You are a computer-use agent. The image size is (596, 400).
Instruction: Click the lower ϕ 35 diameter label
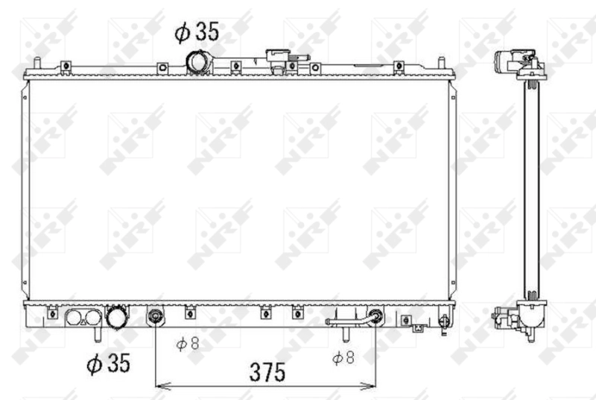pyautogui.click(x=108, y=363)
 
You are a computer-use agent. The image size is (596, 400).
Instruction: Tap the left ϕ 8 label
pyautogui.click(x=188, y=344)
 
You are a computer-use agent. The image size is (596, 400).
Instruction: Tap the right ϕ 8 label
pyautogui.click(x=343, y=357)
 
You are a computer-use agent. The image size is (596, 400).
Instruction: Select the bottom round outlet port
pyautogui.click(x=118, y=318)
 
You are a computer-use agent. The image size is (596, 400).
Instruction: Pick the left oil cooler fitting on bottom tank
pyautogui.click(x=155, y=316)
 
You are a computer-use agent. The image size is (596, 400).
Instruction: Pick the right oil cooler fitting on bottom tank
pyautogui.click(x=376, y=316)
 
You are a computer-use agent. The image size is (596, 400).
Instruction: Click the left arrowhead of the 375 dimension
pyautogui.click(x=158, y=386)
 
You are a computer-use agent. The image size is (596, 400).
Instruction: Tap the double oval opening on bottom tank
pyautogui.click(x=83, y=318)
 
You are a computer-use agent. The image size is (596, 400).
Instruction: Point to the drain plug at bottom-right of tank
pyautogui.click(x=445, y=322)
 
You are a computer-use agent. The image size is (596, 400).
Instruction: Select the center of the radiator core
pyautogui.click(x=238, y=190)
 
